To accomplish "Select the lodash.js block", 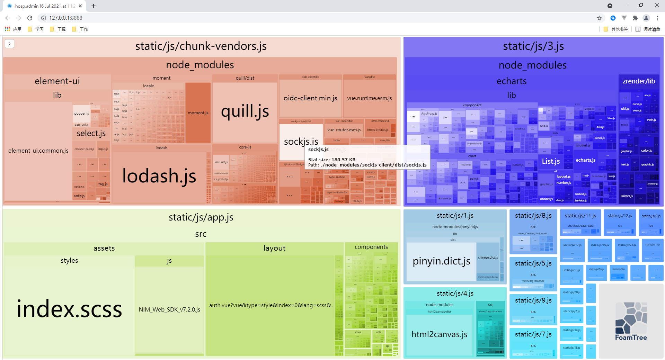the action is pyautogui.click(x=159, y=176).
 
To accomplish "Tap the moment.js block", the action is pyautogui.click(x=198, y=113).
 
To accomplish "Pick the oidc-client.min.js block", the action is pyautogui.click(x=310, y=98).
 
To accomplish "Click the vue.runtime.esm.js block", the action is pyautogui.click(x=369, y=98).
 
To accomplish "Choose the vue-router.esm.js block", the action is pyautogui.click(x=344, y=130).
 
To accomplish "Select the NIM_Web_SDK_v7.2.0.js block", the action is pyautogui.click(x=169, y=309).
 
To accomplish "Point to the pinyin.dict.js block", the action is pyautogui.click(x=441, y=261).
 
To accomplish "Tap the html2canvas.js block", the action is pyautogui.click(x=439, y=334).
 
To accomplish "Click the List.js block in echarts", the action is pyautogui.click(x=551, y=161).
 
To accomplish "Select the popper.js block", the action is pyautogui.click(x=81, y=114).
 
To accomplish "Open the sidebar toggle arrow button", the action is pyautogui.click(x=10, y=44).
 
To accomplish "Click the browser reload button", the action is pyautogui.click(x=30, y=18).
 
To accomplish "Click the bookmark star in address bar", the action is pyautogui.click(x=599, y=18).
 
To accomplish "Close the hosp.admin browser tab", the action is pyautogui.click(x=80, y=6).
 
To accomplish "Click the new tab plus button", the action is pyautogui.click(x=94, y=6).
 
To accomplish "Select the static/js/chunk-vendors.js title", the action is pyautogui.click(x=201, y=46).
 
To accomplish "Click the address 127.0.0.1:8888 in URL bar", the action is pyautogui.click(x=66, y=18).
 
